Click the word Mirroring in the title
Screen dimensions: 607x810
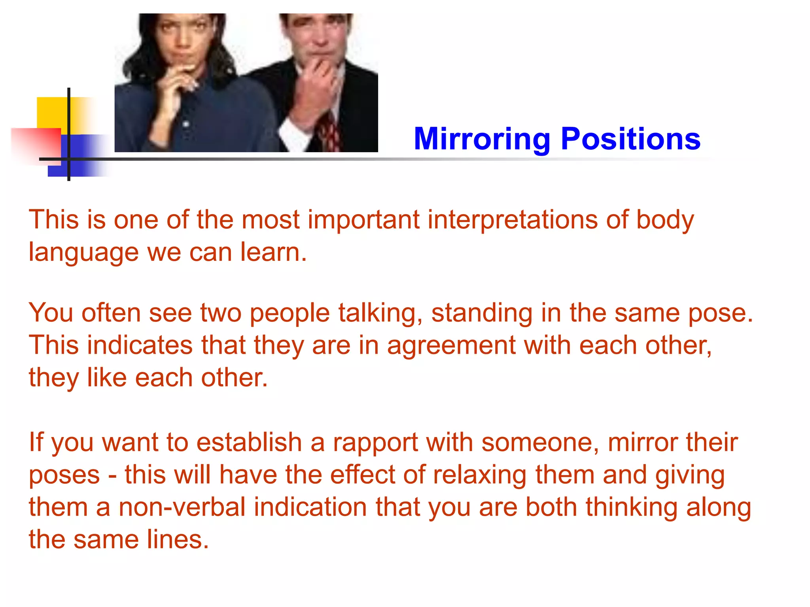coord(482,139)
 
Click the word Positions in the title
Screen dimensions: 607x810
coord(630,139)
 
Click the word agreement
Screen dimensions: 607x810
coord(451,345)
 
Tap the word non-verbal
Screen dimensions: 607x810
coord(182,507)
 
